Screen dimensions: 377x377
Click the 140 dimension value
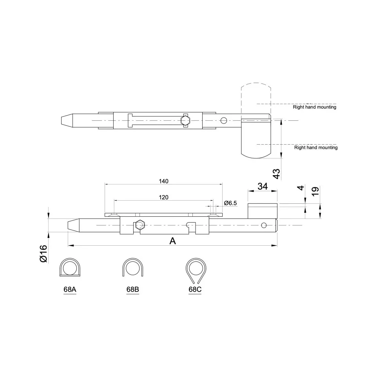(163, 181)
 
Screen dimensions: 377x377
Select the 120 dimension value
(163, 198)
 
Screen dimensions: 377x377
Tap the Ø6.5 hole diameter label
(230, 203)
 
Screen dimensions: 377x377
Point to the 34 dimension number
(263, 186)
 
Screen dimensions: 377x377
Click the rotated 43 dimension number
(277, 174)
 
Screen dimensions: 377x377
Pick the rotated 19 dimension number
(315, 191)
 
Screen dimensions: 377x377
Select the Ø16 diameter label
(43, 254)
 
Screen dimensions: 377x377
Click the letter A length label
(173, 241)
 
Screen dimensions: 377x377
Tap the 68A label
(70, 289)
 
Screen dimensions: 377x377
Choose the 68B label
(133, 289)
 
